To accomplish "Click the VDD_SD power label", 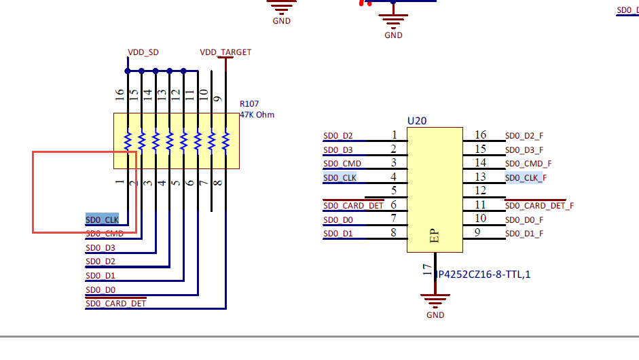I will click(143, 52).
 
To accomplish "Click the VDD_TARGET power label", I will click(225, 52).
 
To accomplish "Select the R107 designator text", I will click(249, 105).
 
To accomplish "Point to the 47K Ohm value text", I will click(257, 115).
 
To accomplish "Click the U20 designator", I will click(417, 121).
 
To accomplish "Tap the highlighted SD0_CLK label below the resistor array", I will click(102, 220).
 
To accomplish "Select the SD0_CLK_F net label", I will click(526, 178).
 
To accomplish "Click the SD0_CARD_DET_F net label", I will click(539, 206).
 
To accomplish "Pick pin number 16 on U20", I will click(480, 135).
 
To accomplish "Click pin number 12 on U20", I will click(480, 192).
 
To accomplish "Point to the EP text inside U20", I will click(435, 236).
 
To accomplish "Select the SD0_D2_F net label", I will click(524, 136).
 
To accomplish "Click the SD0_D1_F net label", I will click(524, 234).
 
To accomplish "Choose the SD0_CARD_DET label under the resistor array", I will click(115, 304).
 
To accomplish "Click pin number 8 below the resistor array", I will click(217, 183).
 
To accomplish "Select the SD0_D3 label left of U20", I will click(338, 150).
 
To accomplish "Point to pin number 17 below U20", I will click(427, 271).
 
